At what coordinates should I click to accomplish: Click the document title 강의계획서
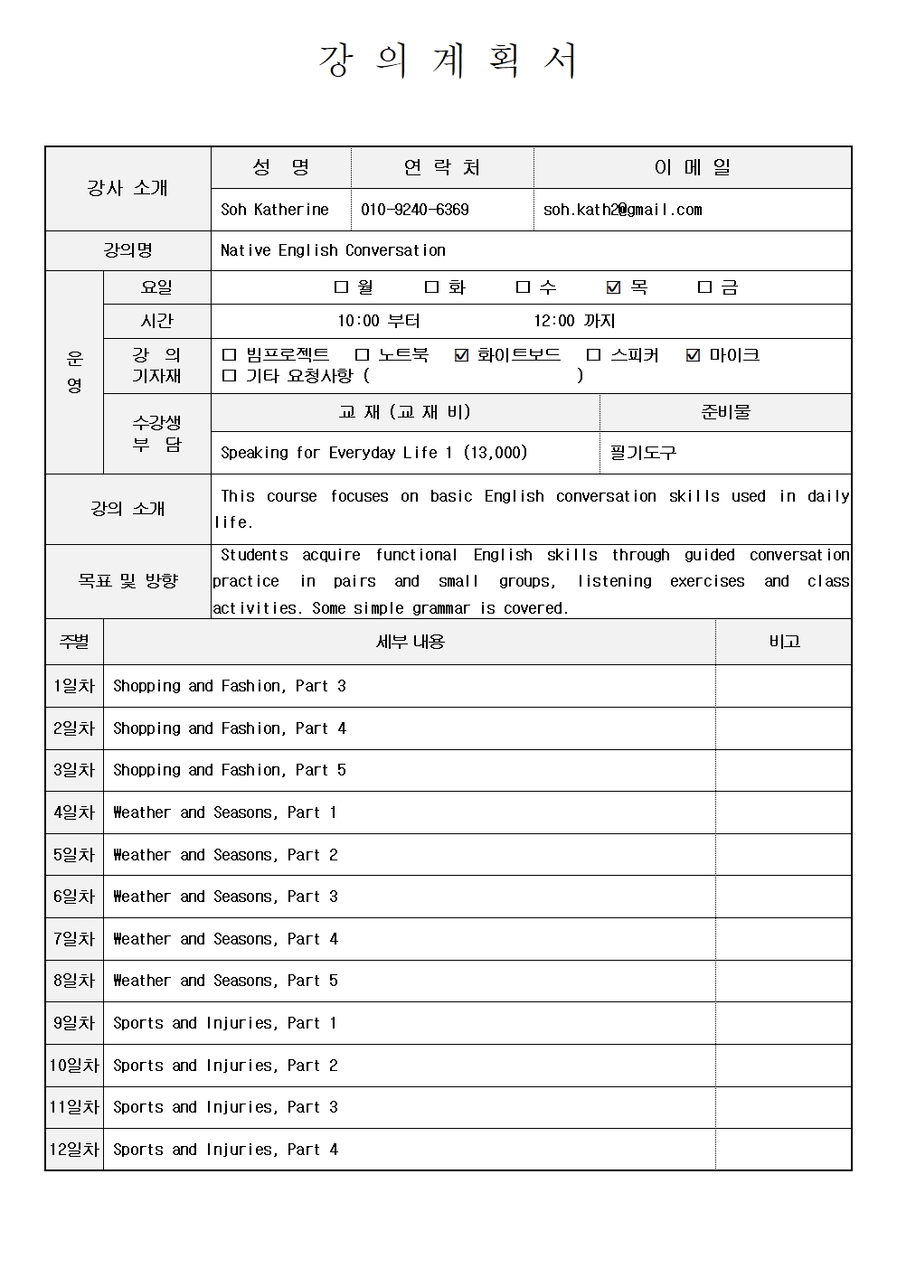click(x=448, y=61)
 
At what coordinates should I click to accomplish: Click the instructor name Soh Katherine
click(x=274, y=210)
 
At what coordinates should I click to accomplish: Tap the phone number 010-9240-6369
click(x=414, y=210)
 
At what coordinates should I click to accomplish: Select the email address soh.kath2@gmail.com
click(x=622, y=210)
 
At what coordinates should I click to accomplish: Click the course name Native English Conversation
click(x=333, y=250)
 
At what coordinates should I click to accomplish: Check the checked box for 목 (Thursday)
click(x=614, y=287)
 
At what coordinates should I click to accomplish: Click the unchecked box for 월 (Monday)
click(x=341, y=287)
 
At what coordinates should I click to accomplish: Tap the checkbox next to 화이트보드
click(x=461, y=355)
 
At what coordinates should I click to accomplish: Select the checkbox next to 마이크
click(x=694, y=355)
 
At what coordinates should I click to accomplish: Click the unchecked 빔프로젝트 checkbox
click(x=229, y=355)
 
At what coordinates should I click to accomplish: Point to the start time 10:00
click(x=358, y=321)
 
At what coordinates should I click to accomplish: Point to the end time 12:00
click(x=553, y=321)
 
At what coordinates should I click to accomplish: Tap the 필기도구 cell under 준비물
click(x=643, y=453)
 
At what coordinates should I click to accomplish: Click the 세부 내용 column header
click(x=410, y=642)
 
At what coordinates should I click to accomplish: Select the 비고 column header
click(x=784, y=642)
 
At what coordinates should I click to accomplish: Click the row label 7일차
click(x=74, y=939)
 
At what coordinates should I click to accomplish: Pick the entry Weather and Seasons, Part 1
click(x=224, y=812)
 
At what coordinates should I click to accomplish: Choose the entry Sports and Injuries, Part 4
click(x=225, y=1150)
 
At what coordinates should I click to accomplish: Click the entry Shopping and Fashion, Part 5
click(x=229, y=770)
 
